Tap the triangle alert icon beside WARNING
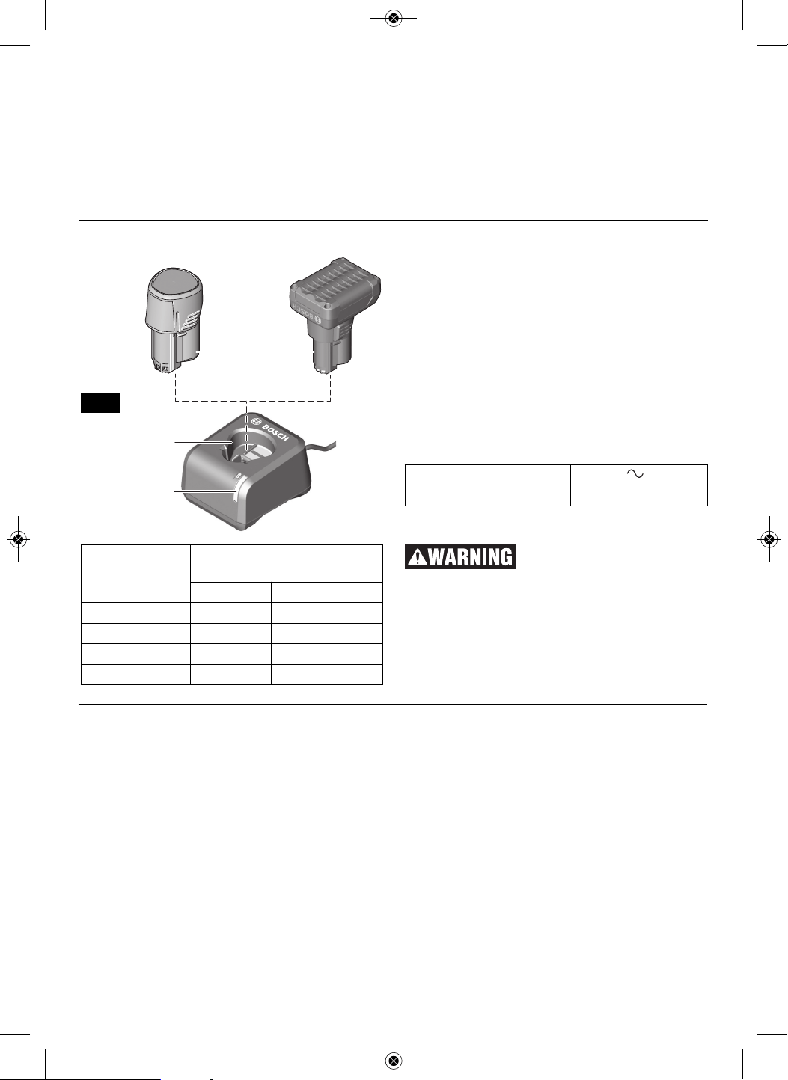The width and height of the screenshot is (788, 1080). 417,557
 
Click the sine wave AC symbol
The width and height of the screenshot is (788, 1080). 635,474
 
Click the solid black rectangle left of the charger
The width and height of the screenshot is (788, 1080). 100,402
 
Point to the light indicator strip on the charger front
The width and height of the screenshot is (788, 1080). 235,494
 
